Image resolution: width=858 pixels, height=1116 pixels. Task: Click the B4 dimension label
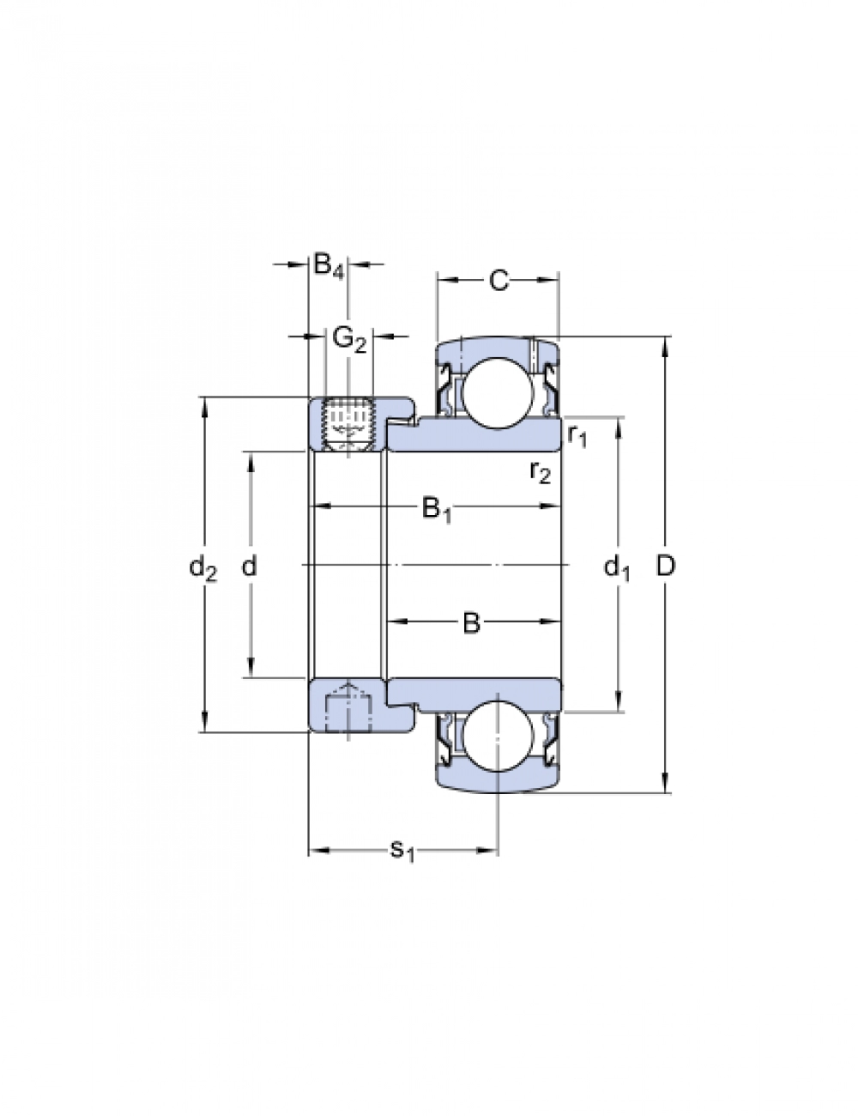(329, 266)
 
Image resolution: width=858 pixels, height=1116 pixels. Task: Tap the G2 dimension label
(349, 339)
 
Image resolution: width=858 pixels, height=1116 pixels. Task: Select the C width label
(498, 280)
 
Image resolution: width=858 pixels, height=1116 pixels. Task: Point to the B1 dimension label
(437, 509)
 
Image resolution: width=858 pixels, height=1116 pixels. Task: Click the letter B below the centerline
(471, 623)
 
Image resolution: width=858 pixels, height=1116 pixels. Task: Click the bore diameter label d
(250, 566)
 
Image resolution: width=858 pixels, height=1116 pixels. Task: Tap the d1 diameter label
(617, 567)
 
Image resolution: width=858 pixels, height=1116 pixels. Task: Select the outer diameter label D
(666, 566)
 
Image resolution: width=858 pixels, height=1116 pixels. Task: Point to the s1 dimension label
(402, 851)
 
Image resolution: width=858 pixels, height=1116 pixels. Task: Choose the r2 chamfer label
(539, 470)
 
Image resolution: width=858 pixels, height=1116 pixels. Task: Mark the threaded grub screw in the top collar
(348, 424)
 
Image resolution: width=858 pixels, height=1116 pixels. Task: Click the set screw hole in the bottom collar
(347, 708)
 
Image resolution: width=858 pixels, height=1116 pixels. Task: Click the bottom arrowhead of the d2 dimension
(204, 725)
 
